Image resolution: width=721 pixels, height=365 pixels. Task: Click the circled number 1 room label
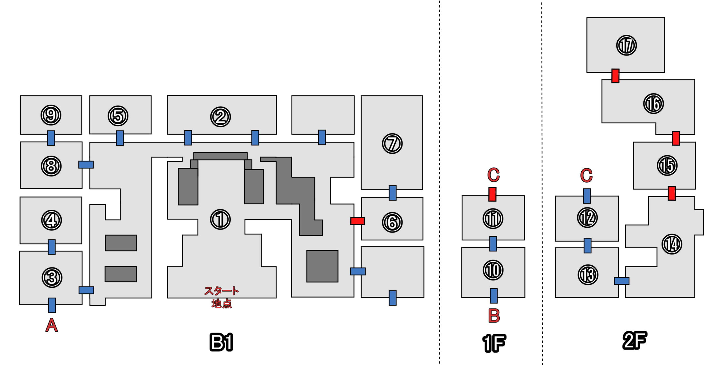220,219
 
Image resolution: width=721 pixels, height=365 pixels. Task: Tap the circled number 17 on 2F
626,45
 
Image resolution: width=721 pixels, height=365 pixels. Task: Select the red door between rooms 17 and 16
615,76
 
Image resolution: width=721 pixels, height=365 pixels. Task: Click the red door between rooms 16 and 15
676,138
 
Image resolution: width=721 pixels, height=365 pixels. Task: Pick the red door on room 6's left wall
357,221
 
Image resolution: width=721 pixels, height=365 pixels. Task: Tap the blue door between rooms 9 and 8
51,138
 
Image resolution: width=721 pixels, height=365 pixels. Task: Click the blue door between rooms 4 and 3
52,247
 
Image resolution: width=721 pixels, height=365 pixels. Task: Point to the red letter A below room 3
52,325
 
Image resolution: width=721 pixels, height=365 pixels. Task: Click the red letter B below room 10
494,316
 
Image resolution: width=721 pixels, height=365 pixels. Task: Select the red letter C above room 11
493,175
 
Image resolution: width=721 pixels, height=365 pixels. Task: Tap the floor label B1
221,342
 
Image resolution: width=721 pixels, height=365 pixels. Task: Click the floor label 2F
635,340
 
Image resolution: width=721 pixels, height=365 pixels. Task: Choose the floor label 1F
494,343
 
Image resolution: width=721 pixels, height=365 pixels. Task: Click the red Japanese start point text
222,297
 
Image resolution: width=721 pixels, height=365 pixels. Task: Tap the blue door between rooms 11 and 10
493,244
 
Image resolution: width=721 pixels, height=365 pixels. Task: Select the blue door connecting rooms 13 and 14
622,281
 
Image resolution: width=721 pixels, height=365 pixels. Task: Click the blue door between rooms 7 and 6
393,193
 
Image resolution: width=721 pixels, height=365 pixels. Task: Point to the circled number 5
118,116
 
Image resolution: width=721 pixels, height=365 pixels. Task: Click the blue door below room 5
120,138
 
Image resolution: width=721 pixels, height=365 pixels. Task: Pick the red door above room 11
492,194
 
